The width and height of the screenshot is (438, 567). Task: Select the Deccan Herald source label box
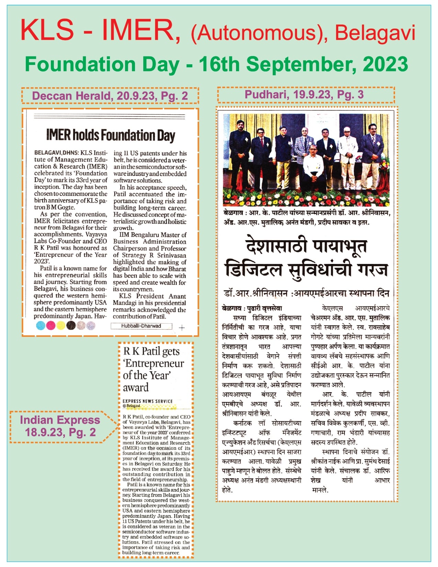[110, 96]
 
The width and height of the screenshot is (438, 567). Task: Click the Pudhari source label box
[306, 95]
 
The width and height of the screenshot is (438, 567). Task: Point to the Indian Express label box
[60, 426]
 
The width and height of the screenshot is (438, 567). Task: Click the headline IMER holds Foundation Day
[111, 135]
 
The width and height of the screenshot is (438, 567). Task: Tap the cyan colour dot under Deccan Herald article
[41, 325]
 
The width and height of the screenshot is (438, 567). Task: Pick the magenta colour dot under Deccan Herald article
[51, 325]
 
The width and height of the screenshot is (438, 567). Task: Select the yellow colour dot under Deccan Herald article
[61, 325]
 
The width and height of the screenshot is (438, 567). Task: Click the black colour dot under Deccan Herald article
[71, 325]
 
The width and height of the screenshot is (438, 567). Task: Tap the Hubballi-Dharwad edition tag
[141, 326]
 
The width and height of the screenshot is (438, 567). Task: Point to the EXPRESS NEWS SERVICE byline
[148, 401]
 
